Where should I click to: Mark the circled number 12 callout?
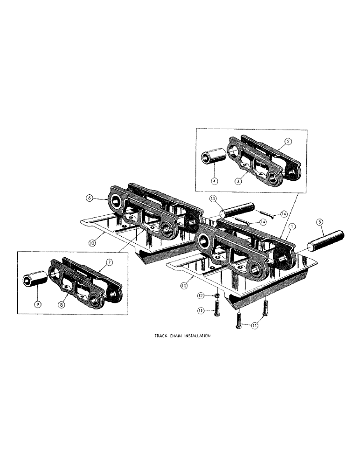click(x=201, y=295)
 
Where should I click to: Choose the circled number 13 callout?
click(x=213, y=199)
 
